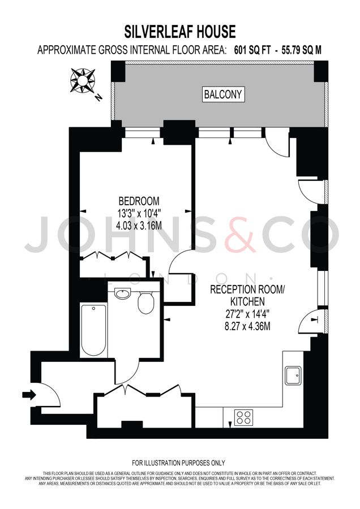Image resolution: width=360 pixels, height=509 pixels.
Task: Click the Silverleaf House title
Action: [x=179, y=30]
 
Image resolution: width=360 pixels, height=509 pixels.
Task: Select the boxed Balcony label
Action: [x=224, y=95]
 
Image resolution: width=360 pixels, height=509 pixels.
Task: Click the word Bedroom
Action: [x=139, y=201]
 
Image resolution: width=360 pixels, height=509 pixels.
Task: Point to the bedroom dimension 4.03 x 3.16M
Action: [x=139, y=224]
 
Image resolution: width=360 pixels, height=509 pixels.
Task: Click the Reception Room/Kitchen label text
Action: [x=248, y=296]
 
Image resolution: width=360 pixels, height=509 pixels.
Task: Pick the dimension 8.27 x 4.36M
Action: [x=248, y=326]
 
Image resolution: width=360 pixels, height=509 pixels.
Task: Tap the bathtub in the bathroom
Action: [x=93, y=330]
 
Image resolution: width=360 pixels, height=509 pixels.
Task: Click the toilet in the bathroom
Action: [x=147, y=303]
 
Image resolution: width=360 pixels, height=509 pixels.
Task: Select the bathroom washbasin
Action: [x=122, y=294]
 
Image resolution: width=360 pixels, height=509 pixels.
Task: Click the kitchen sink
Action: [x=294, y=374]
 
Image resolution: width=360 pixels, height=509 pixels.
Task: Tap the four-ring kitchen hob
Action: [x=244, y=417]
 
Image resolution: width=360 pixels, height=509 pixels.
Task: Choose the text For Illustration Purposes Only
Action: [x=179, y=463]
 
